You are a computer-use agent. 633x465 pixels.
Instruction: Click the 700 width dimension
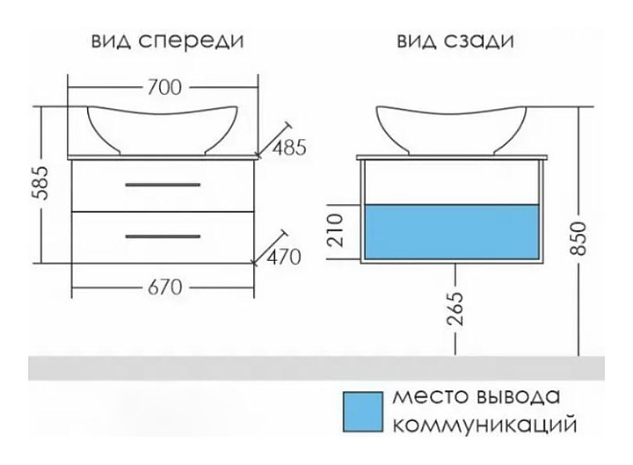[164, 88]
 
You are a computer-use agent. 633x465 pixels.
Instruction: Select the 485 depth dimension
[287, 148]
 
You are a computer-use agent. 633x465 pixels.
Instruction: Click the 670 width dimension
[164, 287]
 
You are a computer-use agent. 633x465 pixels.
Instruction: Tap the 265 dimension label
[455, 309]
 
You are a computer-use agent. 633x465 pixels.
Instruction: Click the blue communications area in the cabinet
[452, 233]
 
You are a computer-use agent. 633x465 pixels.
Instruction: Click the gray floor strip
[316, 367]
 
